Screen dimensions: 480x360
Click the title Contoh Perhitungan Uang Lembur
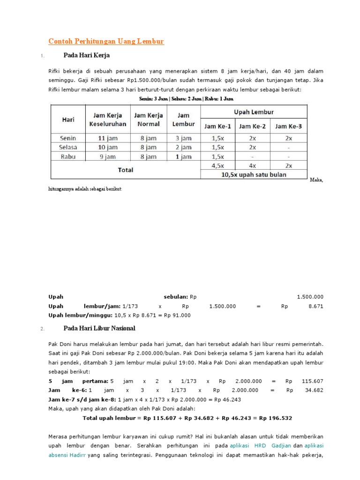pyautogui.click(x=106, y=41)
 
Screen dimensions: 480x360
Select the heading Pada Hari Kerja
pyautogui.click(x=86, y=55)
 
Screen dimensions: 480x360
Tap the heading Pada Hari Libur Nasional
pyautogui.click(x=99, y=328)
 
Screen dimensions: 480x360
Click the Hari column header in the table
pyautogui.click(x=68, y=120)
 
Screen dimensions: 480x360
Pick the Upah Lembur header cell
pyautogui.click(x=254, y=112)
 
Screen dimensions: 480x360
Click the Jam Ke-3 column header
pyautogui.click(x=288, y=126)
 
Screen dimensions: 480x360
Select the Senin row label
pyautogui.click(x=68, y=138)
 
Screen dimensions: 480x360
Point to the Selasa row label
pyautogui.click(x=68, y=148)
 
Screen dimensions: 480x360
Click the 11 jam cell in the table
pyautogui.click(x=107, y=138)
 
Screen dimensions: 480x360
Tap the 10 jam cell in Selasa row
pyautogui.click(x=107, y=148)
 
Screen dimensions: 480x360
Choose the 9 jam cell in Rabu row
pyautogui.click(x=107, y=157)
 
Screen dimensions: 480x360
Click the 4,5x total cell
pyautogui.click(x=217, y=165)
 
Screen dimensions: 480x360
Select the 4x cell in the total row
pyautogui.click(x=253, y=165)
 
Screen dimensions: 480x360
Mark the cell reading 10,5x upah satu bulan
pyautogui.click(x=254, y=174)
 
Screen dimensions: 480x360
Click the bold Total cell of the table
pyautogui.click(x=125, y=170)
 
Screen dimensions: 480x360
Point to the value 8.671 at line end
pyautogui.click(x=315, y=306)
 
